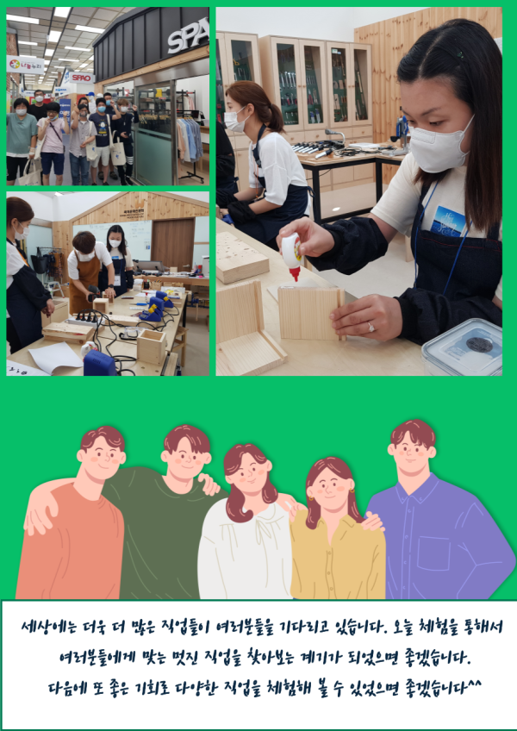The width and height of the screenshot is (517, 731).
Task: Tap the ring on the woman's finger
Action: [x=371, y=328]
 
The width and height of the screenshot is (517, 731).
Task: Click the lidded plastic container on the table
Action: [x=463, y=347]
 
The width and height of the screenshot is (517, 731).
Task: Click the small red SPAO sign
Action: [x=82, y=78]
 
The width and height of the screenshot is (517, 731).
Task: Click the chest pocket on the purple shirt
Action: [x=433, y=553]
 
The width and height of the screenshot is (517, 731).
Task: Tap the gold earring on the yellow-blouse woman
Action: [x=352, y=490]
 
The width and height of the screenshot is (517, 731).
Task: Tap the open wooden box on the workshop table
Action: [x=151, y=347]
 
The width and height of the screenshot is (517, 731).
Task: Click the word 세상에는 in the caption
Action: [x=43, y=627]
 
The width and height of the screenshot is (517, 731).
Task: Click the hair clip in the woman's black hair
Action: [x=459, y=54]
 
